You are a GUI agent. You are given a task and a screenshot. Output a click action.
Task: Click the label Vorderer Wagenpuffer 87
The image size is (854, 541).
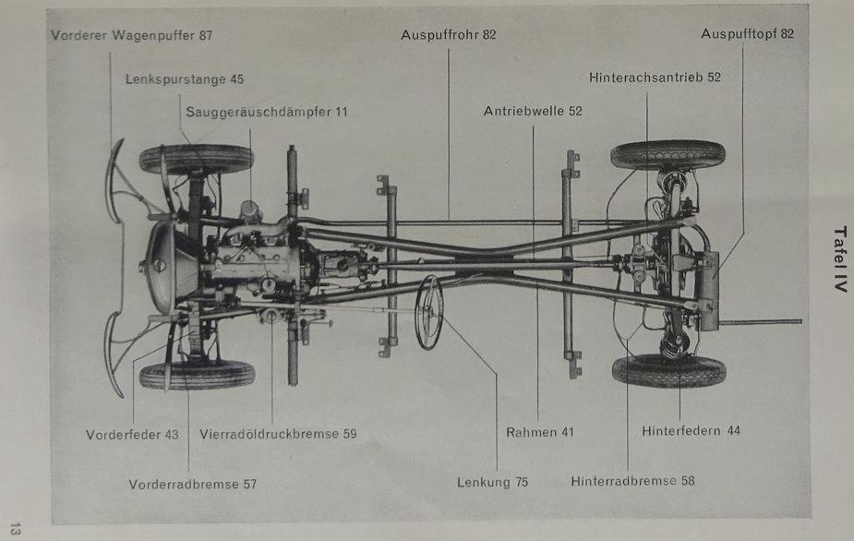point(132,35)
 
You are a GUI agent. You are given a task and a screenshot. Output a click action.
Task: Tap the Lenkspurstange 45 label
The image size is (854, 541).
point(185,79)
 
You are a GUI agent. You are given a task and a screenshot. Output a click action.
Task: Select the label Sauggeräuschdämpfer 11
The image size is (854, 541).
point(266,113)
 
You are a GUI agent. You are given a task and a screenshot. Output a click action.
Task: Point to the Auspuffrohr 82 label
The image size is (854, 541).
point(449,35)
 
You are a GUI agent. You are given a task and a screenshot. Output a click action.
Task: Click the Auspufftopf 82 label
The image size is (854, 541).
point(747,34)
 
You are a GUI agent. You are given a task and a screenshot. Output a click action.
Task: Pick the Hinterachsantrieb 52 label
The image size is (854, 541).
point(655,78)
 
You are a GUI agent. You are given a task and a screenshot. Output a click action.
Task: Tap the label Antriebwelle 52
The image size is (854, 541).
point(533,111)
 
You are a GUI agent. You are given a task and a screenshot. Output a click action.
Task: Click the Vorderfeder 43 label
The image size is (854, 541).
point(132,435)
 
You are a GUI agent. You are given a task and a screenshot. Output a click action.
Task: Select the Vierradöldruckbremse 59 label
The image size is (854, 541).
point(278,434)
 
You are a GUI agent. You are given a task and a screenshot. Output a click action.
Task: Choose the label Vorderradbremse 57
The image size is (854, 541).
point(193,485)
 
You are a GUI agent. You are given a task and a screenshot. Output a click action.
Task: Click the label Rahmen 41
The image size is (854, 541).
point(540,433)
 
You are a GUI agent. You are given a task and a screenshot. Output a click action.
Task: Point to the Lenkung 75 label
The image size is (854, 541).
point(492,482)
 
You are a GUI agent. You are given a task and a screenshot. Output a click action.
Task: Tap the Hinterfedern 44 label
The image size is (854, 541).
point(691,431)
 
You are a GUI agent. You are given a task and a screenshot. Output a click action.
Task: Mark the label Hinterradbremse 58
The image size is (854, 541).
point(632,481)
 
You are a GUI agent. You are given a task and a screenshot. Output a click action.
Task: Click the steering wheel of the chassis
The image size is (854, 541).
point(428,313)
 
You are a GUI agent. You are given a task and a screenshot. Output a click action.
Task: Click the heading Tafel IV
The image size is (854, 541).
point(840,258)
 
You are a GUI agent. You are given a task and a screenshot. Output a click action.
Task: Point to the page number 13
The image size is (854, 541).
point(16,529)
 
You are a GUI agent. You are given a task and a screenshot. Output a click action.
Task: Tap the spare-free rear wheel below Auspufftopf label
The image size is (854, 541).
point(668,155)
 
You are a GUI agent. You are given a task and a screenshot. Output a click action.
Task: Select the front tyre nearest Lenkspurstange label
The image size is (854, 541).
point(196,159)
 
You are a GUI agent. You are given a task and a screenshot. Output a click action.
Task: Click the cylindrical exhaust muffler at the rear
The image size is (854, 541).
point(707,291)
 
